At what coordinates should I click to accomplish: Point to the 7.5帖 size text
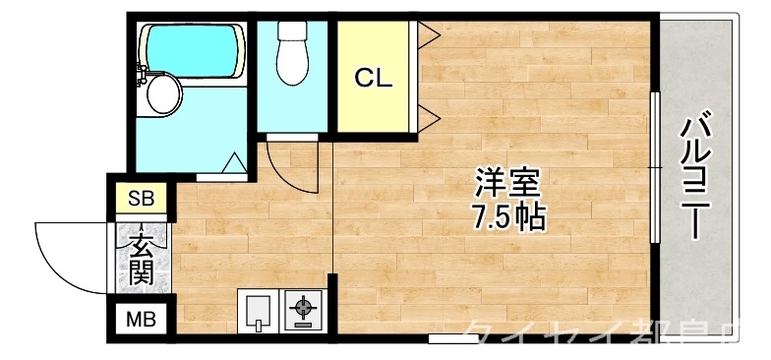(507, 215)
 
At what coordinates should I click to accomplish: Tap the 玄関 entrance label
(142, 257)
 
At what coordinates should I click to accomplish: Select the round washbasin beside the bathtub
(162, 95)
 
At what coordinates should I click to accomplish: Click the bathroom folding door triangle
(234, 162)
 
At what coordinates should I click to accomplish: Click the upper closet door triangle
(427, 36)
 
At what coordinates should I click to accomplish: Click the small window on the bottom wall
(453, 338)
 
